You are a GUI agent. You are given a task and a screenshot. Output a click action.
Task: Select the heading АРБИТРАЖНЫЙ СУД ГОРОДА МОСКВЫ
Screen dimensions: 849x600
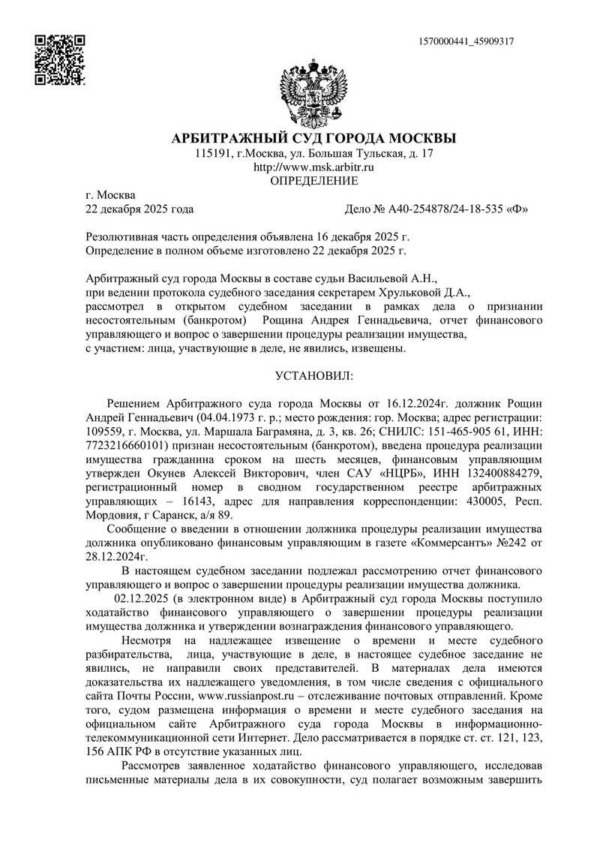coord(313,139)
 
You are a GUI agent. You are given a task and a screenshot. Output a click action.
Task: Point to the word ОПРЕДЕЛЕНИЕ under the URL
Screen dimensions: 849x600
coord(313,182)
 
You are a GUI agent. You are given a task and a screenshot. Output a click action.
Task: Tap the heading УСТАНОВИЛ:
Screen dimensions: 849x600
coord(313,374)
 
